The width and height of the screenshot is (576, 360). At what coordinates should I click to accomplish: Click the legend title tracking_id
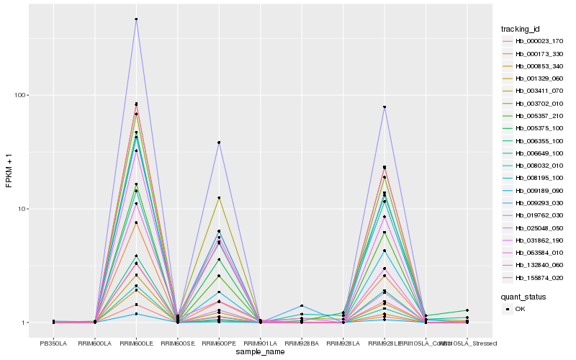pyautogui.click(x=521, y=29)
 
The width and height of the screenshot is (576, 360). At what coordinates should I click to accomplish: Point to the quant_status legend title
pyautogui.click(x=523, y=296)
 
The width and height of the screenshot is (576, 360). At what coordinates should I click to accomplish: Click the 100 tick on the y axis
pyautogui.click(x=19, y=96)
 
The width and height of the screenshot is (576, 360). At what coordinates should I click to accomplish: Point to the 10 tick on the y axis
pyautogui.click(x=22, y=210)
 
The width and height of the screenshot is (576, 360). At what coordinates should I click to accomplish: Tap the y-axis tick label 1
pyautogui.click(x=24, y=323)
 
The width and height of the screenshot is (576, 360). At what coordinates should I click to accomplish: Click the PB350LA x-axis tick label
pyautogui.click(x=53, y=343)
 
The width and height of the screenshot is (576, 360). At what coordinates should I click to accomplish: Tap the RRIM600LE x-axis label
pyautogui.click(x=136, y=343)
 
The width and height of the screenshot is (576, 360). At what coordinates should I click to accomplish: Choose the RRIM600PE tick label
pyautogui.click(x=219, y=343)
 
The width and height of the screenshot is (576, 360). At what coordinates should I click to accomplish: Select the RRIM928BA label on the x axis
pyautogui.click(x=302, y=343)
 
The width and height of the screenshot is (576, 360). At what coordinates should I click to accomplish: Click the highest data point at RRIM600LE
pyautogui.click(x=136, y=19)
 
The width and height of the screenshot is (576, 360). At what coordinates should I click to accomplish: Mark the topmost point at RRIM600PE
pyautogui.click(x=219, y=143)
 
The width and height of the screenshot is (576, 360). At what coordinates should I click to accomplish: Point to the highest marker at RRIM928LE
pyautogui.click(x=384, y=107)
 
